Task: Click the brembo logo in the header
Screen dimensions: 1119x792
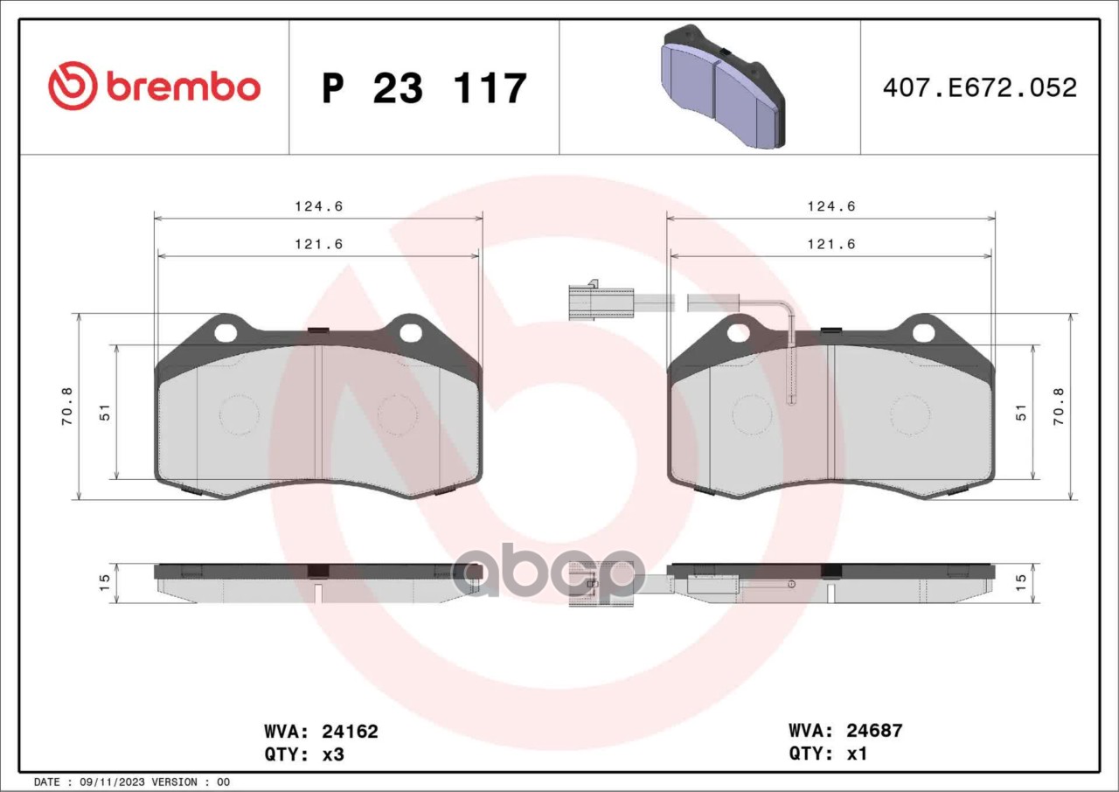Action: (155, 86)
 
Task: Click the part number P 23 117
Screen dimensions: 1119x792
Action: (425, 88)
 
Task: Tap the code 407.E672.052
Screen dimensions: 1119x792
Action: (980, 88)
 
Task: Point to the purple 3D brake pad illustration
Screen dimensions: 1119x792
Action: (723, 87)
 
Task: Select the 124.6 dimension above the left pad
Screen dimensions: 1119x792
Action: (319, 205)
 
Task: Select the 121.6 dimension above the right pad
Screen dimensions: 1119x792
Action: (831, 244)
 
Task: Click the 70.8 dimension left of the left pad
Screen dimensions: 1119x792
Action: (67, 406)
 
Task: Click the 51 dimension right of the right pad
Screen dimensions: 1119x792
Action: (1022, 413)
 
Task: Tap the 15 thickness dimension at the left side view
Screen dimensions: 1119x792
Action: (104, 583)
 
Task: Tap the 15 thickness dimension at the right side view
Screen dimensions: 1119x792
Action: (1022, 582)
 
